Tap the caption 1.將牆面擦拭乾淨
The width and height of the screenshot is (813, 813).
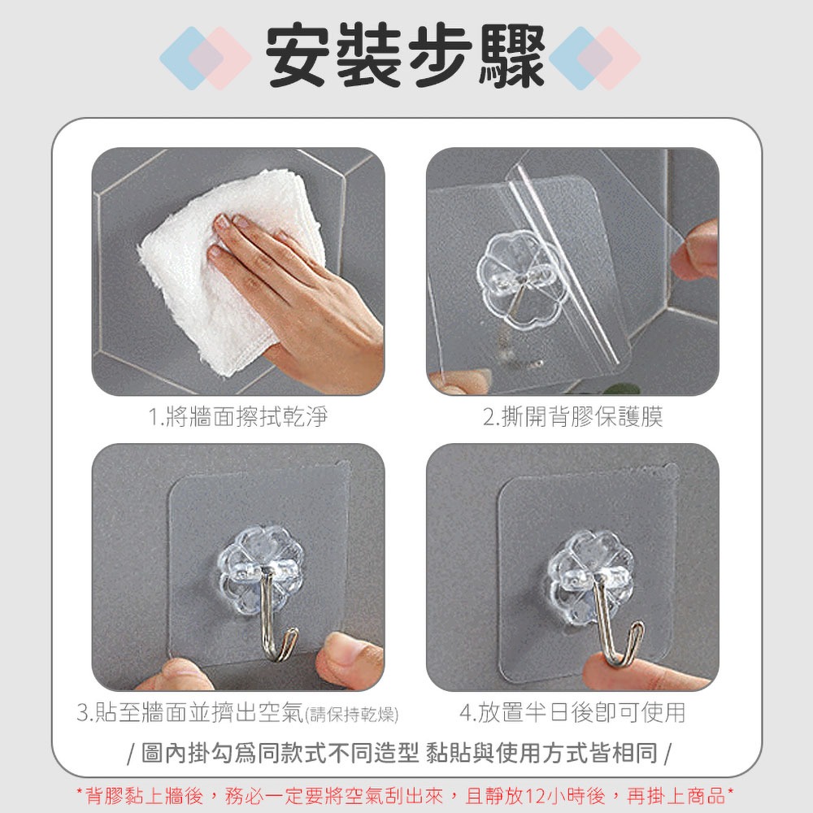pyautogui.click(x=238, y=416)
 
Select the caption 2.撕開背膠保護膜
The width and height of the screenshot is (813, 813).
pyautogui.click(x=573, y=416)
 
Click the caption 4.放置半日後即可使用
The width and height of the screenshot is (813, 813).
pyautogui.click(x=572, y=712)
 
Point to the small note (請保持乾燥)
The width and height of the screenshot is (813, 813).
pyautogui.click(x=352, y=715)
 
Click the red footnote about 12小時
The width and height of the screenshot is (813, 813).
pyautogui.click(x=405, y=795)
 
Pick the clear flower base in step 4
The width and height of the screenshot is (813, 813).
pyautogui.click(x=591, y=576)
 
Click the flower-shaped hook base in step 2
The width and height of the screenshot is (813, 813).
pyautogui.click(x=521, y=280)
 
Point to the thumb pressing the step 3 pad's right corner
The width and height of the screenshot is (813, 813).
pyautogui.click(x=349, y=659)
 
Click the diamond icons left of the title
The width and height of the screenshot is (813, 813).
pyautogui.click(x=206, y=58)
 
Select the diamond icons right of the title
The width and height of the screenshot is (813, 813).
pyautogui.click(x=595, y=58)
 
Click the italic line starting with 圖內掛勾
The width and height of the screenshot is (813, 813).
pyautogui.click(x=399, y=753)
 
